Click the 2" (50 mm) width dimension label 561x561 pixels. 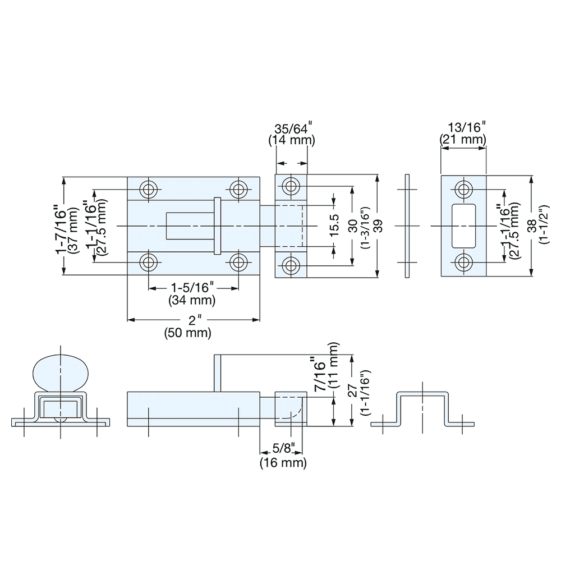click(x=188, y=326)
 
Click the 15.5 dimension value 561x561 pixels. click(x=334, y=226)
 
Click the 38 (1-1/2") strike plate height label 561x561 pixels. click(x=537, y=226)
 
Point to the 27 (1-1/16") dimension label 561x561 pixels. click(x=358, y=391)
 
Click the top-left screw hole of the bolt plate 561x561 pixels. click(x=149, y=188)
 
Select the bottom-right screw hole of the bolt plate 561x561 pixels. click(x=239, y=262)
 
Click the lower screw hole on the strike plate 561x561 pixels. click(x=463, y=262)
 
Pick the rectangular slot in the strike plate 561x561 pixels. click(x=463, y=226)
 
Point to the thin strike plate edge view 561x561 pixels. click(x=407, y=226)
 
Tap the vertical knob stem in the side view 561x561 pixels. click(x=218, y=373)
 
